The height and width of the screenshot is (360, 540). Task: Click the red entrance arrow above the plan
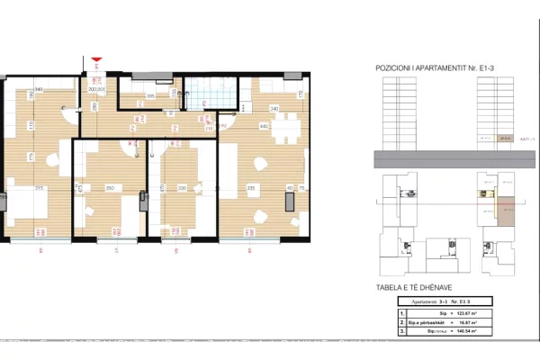pos(96,60)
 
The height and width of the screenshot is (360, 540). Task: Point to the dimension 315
pos(40,187)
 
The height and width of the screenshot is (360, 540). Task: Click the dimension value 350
pos(108,187)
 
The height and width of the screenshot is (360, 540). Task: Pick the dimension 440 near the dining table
pos(264,126)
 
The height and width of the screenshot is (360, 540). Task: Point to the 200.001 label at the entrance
pos(96,90)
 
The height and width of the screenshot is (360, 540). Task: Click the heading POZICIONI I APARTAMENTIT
pos(429,67)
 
